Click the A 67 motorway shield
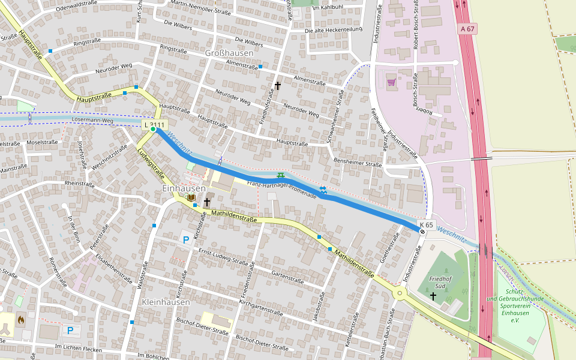point(468,28)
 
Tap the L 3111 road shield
point(154,124)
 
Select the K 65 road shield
point(426,224)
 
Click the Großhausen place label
point(229,53)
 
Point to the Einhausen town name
point(184,188)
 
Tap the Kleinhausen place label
point(166,302)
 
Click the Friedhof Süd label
point(445,282)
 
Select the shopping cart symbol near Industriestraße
point(391,82)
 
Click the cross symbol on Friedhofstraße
point(277,86)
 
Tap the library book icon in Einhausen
point(191,197)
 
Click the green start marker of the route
point(153,129)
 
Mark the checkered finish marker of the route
point(422,231)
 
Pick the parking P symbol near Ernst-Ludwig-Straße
point(185,240)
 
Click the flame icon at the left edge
point(22,319)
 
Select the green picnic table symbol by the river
point(280,175)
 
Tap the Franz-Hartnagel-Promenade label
point(281,189)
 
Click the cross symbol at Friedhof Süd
point(433,296)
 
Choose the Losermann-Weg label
point(92,121)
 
